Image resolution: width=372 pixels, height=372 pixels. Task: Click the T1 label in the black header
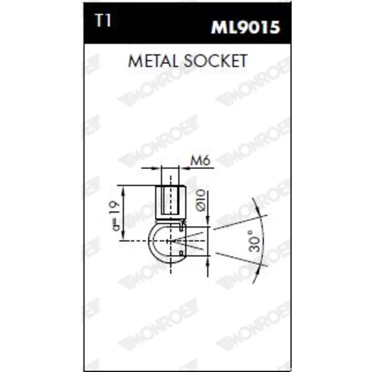[x=103, y=20]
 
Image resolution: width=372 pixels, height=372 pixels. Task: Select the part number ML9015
[x=246, y=28]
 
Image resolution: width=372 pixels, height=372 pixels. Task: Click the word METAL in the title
[x=153, y=61]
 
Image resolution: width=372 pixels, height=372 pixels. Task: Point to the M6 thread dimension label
[x=200, y=161]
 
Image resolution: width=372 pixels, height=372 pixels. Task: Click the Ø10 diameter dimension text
[x=202, y=200]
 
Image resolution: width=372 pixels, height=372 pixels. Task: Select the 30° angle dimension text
[x=254, y=241]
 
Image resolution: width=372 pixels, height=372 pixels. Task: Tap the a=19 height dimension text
[x=115, y=216]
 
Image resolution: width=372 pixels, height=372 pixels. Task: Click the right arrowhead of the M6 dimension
[x=184, y=168]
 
